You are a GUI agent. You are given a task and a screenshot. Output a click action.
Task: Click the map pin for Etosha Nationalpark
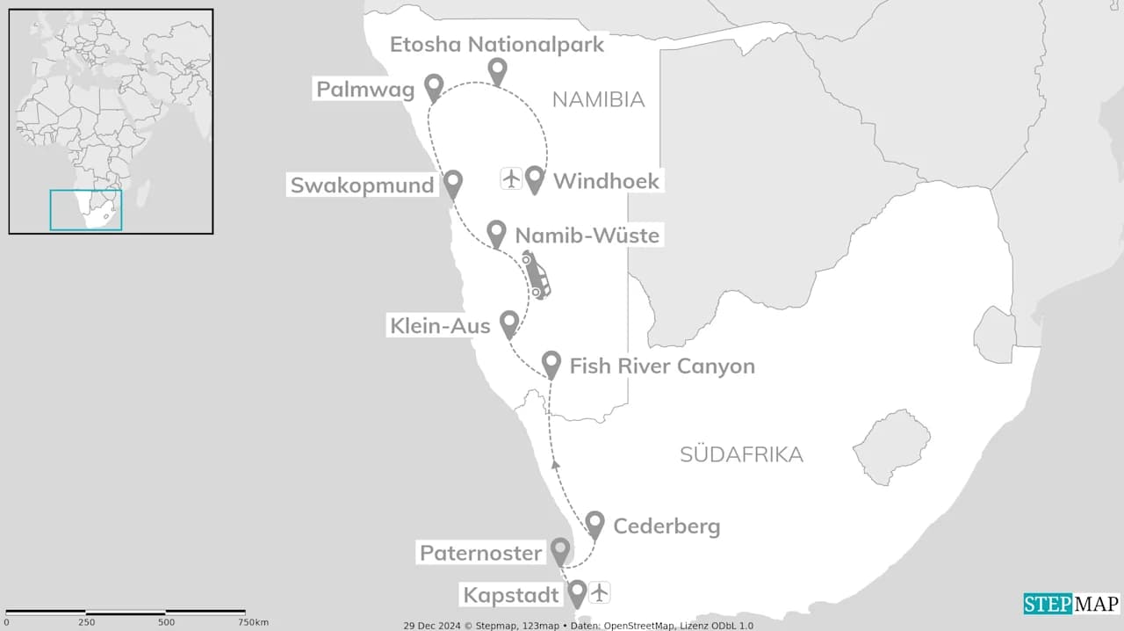tap(498, 71)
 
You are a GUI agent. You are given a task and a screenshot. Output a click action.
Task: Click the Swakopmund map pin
tap(453, 184)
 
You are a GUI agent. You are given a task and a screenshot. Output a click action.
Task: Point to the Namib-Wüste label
tap(587, 236)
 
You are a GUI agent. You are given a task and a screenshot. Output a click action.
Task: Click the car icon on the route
tap(536, 274)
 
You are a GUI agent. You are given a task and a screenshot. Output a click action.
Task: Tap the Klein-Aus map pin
tap(508, 323)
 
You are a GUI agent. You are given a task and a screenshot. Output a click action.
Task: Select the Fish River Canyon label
tap(662, 366)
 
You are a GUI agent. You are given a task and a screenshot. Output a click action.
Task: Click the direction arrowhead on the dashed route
tap(555, 463)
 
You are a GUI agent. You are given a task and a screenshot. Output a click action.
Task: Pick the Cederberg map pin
tap(595, 524)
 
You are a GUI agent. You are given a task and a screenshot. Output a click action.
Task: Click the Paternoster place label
tap(481, 553)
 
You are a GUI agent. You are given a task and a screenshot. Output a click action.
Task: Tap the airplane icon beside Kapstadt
tap(600, 592)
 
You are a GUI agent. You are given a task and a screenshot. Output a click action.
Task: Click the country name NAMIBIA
tap(598, 100)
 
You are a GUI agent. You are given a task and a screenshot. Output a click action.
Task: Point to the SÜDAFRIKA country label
tap(741, 454)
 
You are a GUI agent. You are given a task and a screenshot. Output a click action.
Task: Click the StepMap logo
tap(1071, 604)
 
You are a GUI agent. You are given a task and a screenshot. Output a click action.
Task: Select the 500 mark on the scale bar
tap(165, 622)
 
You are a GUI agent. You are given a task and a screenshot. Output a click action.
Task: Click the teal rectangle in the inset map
tap(86, 210)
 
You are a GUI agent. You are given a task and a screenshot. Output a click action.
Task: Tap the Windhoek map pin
tap(535, 178)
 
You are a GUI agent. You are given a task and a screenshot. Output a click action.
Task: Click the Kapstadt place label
tap(512, 595)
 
